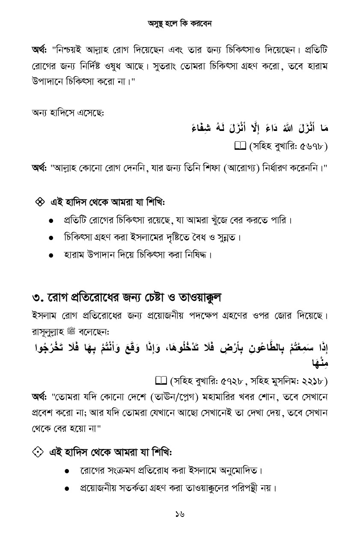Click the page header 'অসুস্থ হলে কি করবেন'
180,24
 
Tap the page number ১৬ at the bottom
180,514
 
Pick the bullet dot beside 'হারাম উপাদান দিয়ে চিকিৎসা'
51,255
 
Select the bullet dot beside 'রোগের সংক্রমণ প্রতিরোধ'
67,471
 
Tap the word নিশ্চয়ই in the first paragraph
69,50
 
